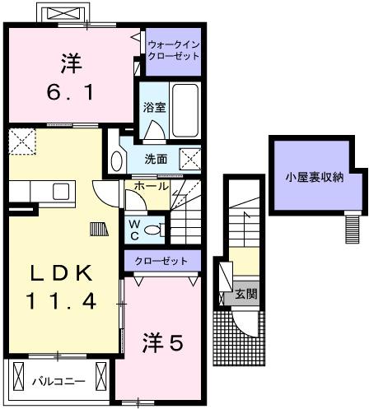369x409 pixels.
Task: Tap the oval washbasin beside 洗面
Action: (114, 161)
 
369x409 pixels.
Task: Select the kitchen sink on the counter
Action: (62, 191)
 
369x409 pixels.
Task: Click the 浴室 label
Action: (153, 106)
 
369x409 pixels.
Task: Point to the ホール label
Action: (148, 187)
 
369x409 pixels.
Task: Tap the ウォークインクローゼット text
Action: (173, 50)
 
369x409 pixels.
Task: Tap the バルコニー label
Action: (54, 381)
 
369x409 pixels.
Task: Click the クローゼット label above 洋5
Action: (161, 262)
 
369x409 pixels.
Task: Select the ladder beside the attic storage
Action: (353, 222)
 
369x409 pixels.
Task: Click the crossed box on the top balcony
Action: (62, 15)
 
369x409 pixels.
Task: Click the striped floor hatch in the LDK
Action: (98, 225)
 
